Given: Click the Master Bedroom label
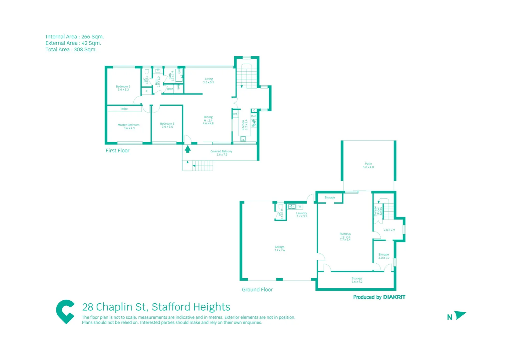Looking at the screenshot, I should click(x=128, y=125).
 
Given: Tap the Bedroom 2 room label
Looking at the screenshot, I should click(x=123, y=87).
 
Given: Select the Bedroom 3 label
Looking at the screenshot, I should click(x=167, y=124).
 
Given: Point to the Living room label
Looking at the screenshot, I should click(x=209, y=79).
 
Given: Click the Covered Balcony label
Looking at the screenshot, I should click(x=221, y=151).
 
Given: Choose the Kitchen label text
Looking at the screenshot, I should click(x=243, y=125).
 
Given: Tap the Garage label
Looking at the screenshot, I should click(x=280, y=247).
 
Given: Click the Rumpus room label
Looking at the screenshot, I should click(x=345, y=234).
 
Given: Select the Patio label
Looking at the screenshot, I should click(x=368, y=164).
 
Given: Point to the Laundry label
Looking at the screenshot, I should click(x=302, y=213).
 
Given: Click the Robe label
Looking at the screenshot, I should click(x=124, y=109).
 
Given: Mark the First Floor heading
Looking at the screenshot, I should click(x=117, y=151).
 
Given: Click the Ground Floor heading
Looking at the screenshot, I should click(x=257, y=290).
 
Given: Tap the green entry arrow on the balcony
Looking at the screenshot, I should click(x=188, y=149).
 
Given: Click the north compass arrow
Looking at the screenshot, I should click(x=460, y=315).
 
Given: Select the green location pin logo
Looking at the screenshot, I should click(x=65, y=311).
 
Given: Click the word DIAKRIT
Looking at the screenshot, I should click(x=394, y=297).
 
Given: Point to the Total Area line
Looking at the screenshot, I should click(x=71, y=50).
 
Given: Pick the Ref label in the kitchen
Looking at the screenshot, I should click(x=235, y=114).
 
